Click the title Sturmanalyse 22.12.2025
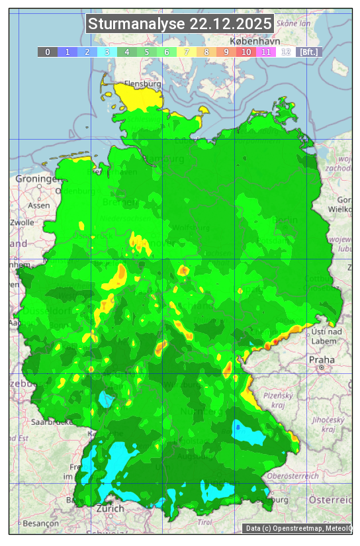coord(180,24)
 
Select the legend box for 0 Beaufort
coord(48,52)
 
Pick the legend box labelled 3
coord(107,52)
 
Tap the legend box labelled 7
coord(187,52)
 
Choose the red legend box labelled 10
coord(246,52)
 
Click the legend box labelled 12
coord(286,52)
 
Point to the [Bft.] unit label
coord(308,52)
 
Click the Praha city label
coord(322,359)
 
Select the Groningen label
coord(37,179)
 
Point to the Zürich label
coord(110,508)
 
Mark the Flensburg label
coord(143,85)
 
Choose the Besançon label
coord(40,522)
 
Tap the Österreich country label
coord(332,498)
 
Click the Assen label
coord(38,205)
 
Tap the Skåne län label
coord(294,23)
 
